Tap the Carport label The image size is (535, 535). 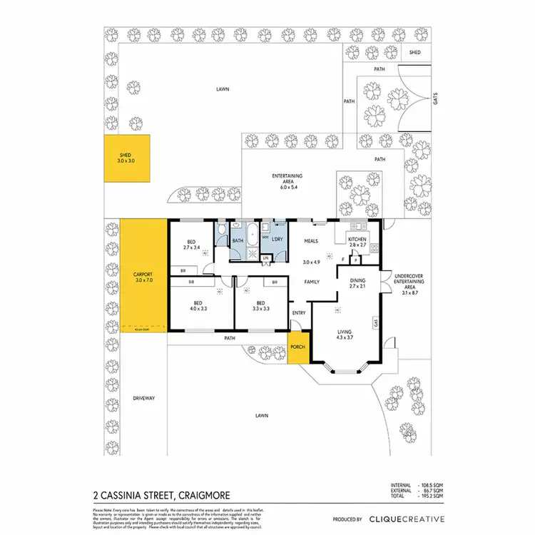click(x=143, y=277)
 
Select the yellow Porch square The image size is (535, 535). click(x=297, y=347)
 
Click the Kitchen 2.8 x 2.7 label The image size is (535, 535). click(x=357, y=242)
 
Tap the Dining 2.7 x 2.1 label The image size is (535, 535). click(x=357, y=284)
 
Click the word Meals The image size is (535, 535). click(x=310, y=241)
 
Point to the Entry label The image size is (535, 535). click(x=298, y=312)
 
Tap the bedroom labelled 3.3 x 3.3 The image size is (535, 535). click(x=262, y=305)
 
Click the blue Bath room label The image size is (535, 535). click(x=238, y=241)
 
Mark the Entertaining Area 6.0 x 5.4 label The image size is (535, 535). click(x=287, y=179)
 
